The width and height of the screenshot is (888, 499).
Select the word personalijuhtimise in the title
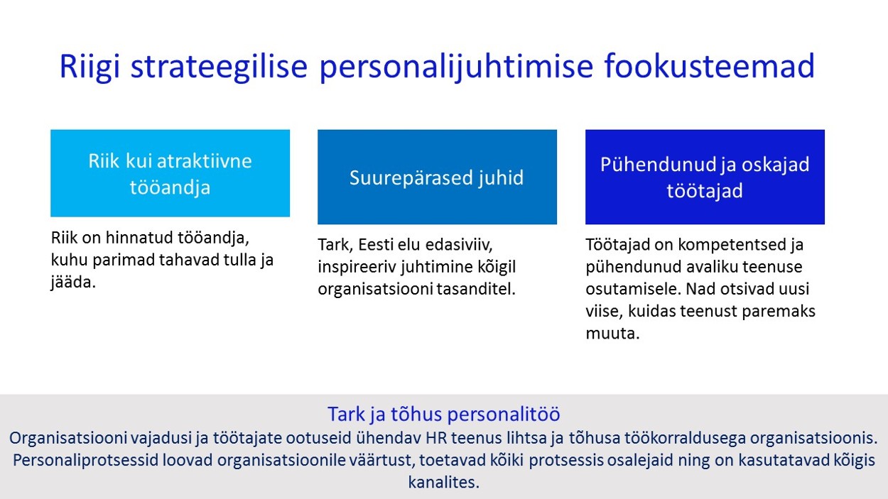click(x=456, y=67)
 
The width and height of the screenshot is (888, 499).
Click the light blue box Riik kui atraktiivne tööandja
click(x=170, y=173)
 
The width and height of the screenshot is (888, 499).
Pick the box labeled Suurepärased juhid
click(x=437, y=177)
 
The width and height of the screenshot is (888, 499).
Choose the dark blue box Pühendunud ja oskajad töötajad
click(x=705, y=177)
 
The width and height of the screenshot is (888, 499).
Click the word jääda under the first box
click(x=73, y=283)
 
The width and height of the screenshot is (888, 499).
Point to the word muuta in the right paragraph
click(x=612, y=334)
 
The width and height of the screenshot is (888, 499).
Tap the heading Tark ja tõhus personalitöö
click(x=443, y=415)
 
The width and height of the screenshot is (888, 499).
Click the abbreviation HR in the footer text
click(x=435, y=438)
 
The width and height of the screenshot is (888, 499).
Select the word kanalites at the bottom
click(x=443, y=483)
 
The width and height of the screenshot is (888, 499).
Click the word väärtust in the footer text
click(x=381, y=460)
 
